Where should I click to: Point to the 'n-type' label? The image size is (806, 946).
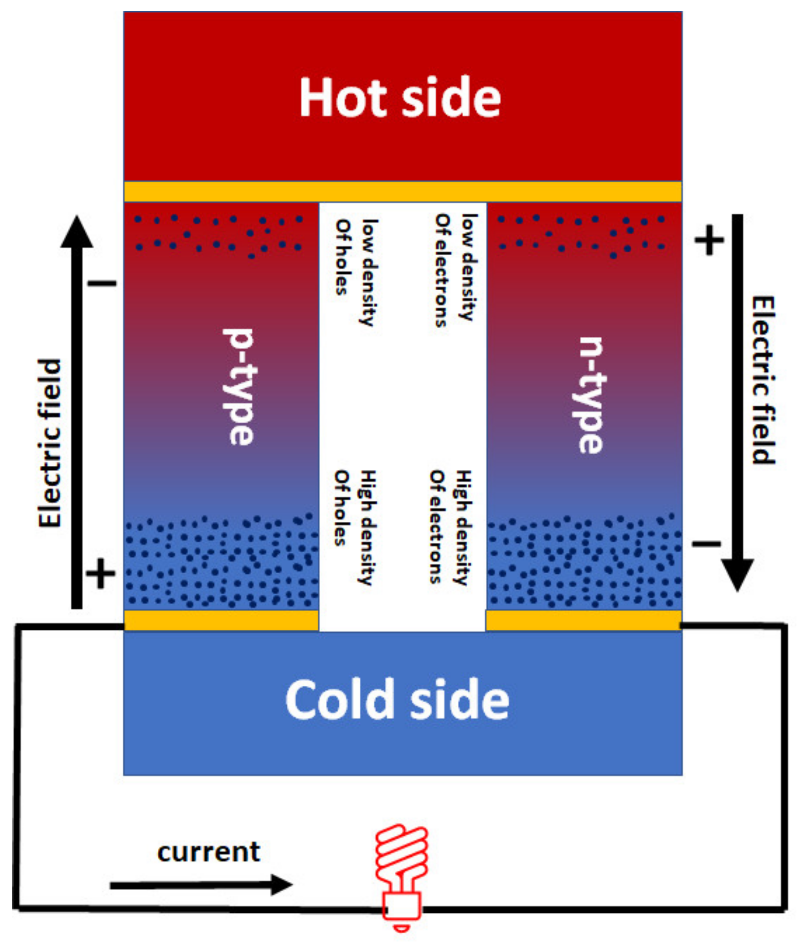[x=590, y=395]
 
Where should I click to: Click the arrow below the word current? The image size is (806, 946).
[x=201, y=885]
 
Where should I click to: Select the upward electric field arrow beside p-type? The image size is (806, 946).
[x=77, y=411]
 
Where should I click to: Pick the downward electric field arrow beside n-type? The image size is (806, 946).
[x=737, y=402]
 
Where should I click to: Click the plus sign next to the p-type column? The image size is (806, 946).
[x=100, y=573]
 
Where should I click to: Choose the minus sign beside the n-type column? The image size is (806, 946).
[x=706, y=543]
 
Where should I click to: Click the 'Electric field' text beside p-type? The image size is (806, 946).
[x=49, y=443]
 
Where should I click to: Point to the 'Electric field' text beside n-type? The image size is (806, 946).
[x=763, y=380]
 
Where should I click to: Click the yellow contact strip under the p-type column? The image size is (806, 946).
[x=221, y=621]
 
